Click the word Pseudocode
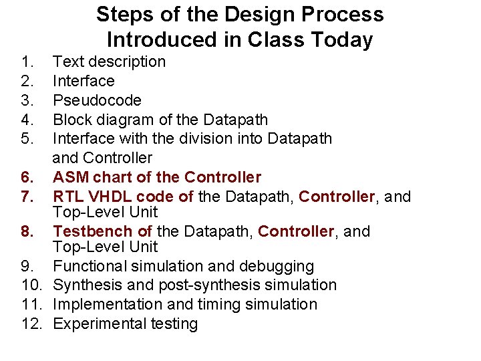coord(97,100)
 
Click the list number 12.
coord(29,324)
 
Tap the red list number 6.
coord(26,177)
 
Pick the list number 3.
coord(26,100)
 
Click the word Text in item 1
coord(65,62)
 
